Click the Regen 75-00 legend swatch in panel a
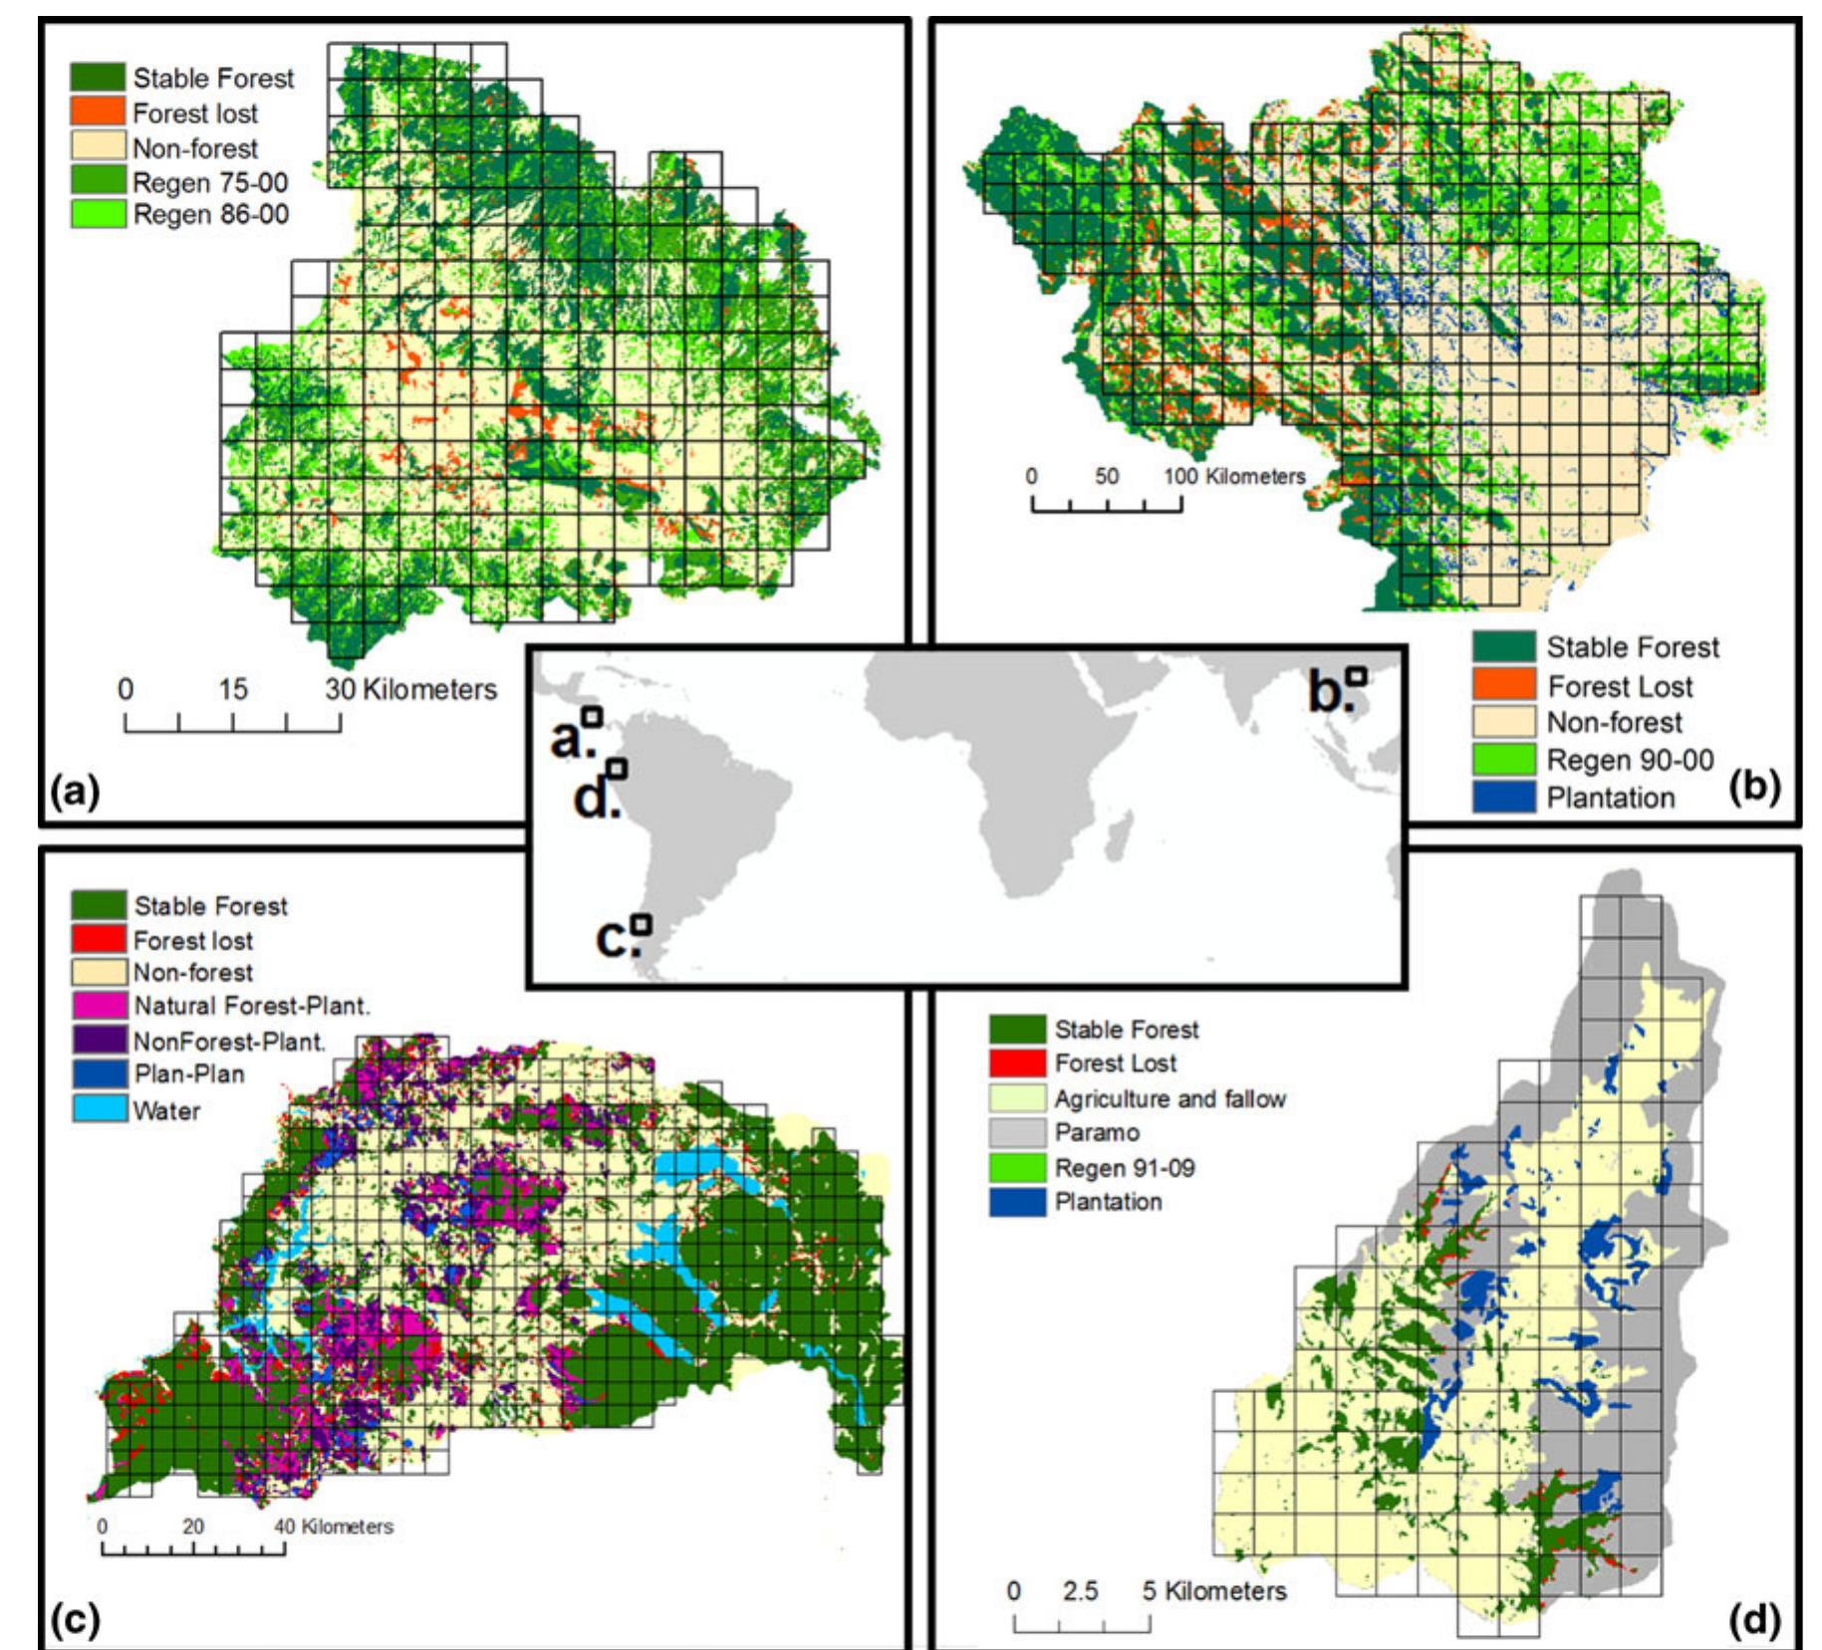(x=98, y=181)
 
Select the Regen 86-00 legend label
(x=211, y=214)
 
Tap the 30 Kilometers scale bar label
(x=410, y=689)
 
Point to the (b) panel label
(x=1754, y=786)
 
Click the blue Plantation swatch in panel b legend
(x=1503, y=798)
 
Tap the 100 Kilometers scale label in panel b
(x=1234, y=476)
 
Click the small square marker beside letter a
(x=593, y=716)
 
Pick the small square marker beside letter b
(x=1356, y=675)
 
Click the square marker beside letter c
(x=642, y=924)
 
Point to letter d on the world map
(x=594, y=800)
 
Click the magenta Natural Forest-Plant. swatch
(x=99, y=1006)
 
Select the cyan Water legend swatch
(x=99, y=1109)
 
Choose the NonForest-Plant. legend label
(x=230, y=1042)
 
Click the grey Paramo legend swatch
(x=1017, y=1132)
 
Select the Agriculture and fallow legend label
(x=1171, y=1098)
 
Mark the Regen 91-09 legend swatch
(x=1017, y=1167)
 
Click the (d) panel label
(x=1754, y=1620)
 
